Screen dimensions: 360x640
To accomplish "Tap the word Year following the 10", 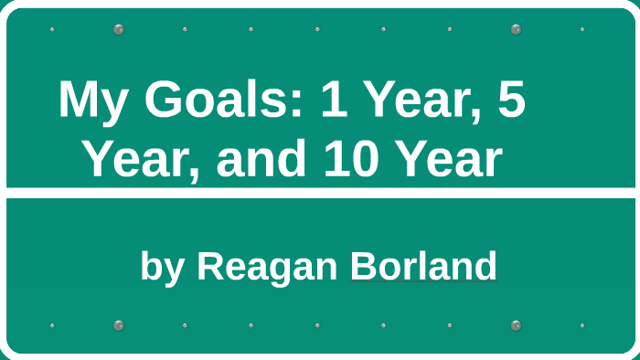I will (x=450, y=160).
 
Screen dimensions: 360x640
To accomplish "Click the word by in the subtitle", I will (x=163, y=267).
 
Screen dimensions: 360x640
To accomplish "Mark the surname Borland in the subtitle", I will (x=423, y=266).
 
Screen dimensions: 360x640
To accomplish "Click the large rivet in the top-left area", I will (x=119, y=29).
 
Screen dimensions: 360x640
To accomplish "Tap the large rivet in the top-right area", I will (x=517, y=29).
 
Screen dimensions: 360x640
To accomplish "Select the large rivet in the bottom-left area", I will (x=119, y=325).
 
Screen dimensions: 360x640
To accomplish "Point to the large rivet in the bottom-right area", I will (x=517, y=325).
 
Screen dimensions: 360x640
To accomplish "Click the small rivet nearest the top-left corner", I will (x=52, y=29).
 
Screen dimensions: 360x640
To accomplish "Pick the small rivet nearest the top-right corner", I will (x=582, y=29).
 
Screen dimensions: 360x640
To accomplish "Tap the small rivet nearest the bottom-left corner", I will (x=52, y=325).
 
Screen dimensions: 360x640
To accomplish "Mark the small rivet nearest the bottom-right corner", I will (x=582, y=325).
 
